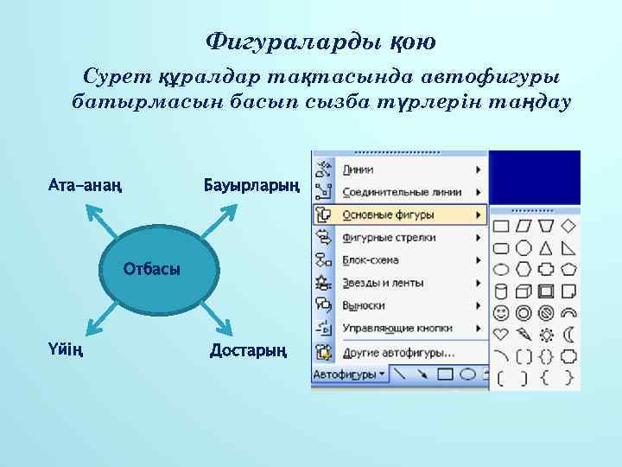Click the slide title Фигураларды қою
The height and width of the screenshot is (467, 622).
coord(322,41)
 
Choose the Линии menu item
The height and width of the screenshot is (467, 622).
coord(364,169)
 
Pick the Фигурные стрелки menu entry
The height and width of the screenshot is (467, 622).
coord(389,237)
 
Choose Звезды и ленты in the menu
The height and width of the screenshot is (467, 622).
coord(383,283)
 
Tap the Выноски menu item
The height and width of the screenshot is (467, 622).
coord(364,305)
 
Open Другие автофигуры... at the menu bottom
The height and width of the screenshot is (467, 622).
coord(398,352)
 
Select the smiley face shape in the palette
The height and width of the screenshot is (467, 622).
coord(500,312)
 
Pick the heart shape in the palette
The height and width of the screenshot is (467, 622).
coord(500,334)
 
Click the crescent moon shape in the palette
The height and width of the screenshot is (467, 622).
coord(568,334)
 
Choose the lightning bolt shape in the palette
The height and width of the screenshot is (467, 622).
coord(523,334)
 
